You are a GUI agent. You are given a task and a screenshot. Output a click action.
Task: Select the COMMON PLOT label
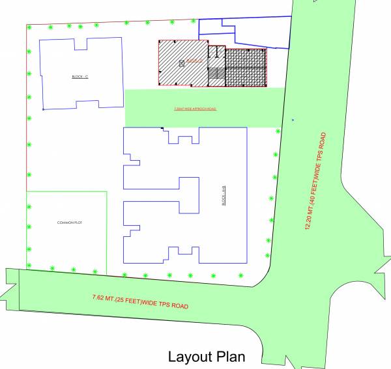tap(69, 223)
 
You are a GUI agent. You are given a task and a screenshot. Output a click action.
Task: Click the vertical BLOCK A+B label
tap(223, 198)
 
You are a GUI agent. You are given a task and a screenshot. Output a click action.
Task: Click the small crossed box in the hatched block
tap(182, 63)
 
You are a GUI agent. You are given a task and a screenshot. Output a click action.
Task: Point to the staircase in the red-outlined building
tap(216, 75)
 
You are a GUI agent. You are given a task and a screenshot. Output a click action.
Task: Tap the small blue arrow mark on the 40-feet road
tap(293, 120)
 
